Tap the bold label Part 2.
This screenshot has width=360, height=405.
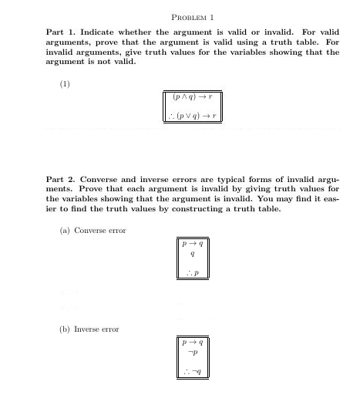(x=61, y=179)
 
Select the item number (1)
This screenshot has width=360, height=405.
(x=65, y=84)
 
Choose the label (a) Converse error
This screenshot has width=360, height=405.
(x=93, y=230)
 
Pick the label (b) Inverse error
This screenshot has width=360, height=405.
(x=89, y=329)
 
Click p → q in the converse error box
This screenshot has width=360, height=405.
(x=192, y=243)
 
